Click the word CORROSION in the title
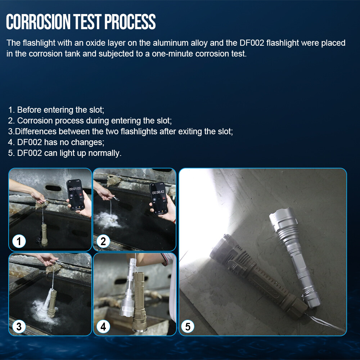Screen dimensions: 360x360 coord(38,22)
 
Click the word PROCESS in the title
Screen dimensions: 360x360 coord(130,22)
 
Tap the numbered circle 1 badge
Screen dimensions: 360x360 coord(19,241)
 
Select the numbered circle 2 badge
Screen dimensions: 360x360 coord(103,241)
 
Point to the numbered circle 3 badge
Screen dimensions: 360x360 coord(19,327)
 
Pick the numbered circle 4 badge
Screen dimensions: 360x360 coord(103,327)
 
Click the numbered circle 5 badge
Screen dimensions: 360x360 coord(188,327)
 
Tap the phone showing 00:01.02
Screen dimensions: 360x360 coord(75,195)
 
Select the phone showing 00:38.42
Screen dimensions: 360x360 coord(159,198)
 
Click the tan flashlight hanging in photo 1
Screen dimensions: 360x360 coord(44,234)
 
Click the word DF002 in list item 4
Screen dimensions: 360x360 coord(30,142)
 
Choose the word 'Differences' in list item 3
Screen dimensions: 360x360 coord(36,131)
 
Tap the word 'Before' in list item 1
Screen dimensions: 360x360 coord(29,110)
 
